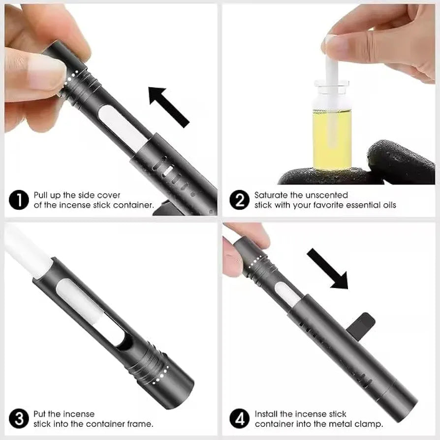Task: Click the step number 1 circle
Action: point(19,200)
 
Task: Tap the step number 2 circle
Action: point(239,200)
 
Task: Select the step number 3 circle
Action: point(19,419)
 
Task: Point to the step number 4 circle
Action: point(239,419)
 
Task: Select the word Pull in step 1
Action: point(40,195)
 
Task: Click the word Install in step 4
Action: point(266,414)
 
